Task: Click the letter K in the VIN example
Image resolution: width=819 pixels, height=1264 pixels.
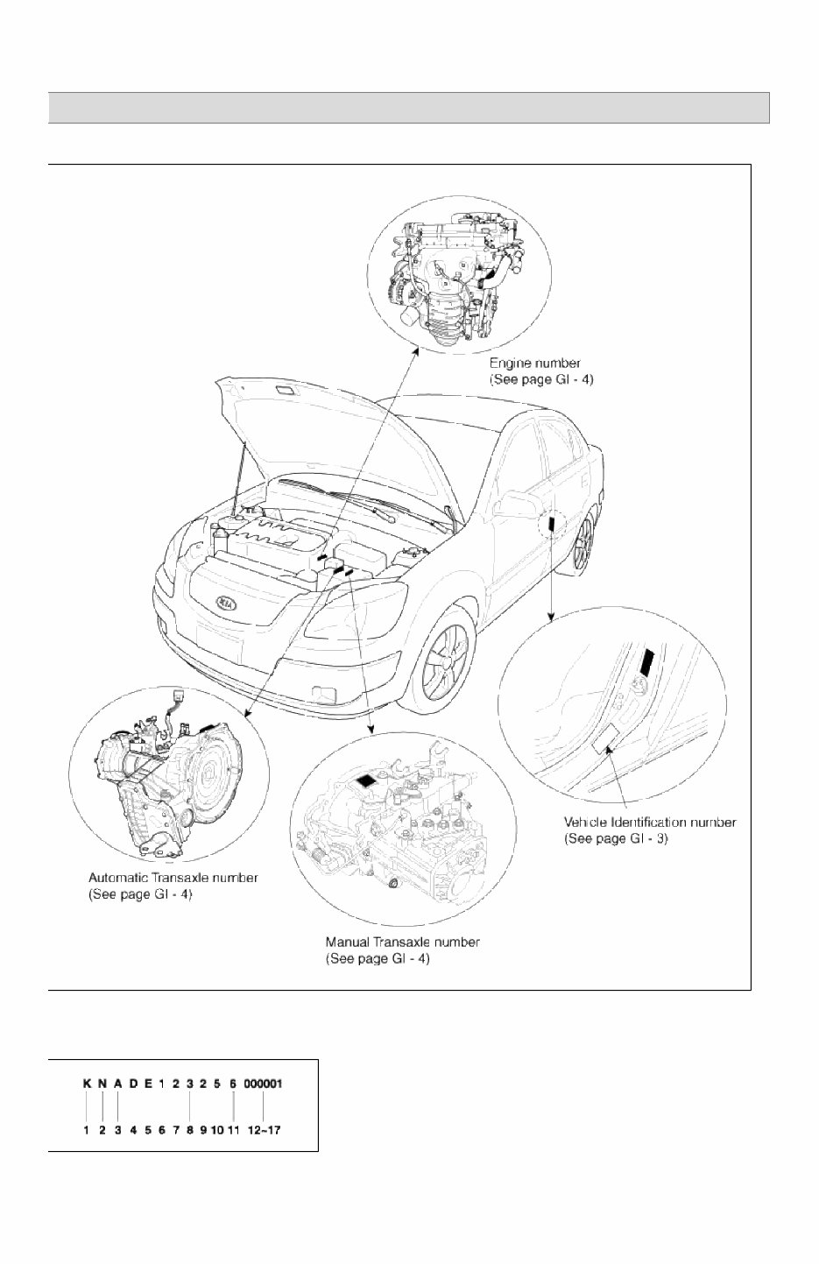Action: [88, 1083]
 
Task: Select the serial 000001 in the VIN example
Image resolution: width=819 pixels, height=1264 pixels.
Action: [263, 1083]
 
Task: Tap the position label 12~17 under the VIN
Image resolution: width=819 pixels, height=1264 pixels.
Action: [264, 1130]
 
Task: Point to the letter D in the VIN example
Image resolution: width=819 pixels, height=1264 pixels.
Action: [133, 1083]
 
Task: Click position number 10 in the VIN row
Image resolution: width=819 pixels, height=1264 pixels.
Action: [218, 1130]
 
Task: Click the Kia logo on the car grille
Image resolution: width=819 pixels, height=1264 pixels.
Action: [227, 604]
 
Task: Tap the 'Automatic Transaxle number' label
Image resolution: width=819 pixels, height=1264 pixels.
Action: [173, 877]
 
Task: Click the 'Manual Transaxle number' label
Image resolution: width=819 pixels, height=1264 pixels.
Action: [403, 943]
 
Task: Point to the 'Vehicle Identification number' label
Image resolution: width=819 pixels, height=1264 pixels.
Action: [650, 823]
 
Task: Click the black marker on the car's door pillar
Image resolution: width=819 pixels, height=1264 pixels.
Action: [552, 524]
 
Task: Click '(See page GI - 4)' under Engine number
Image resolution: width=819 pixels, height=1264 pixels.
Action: [540, 379]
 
